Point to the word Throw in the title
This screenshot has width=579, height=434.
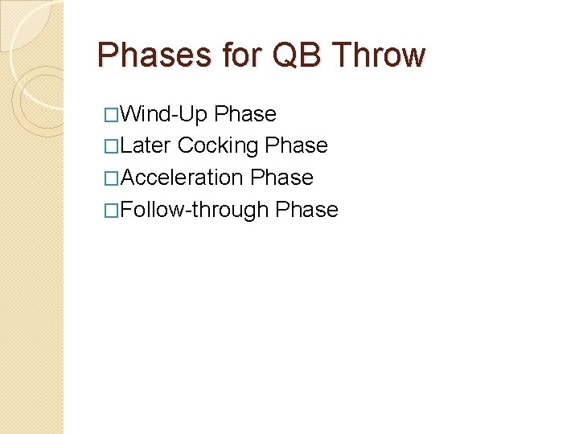378,55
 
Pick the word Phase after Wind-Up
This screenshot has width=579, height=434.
245,114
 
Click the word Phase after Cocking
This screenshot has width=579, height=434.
296,145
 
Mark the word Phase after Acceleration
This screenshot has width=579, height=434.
281,177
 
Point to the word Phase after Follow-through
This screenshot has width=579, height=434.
306,209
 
